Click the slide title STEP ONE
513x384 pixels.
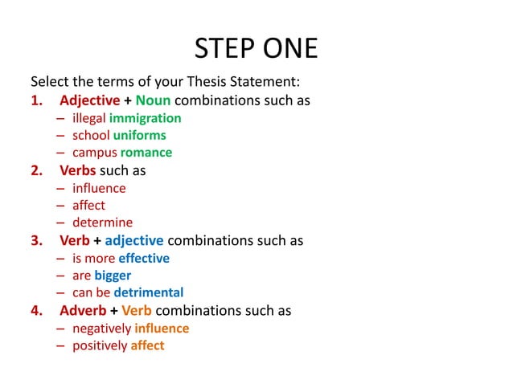pos(256,49)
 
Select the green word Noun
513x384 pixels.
pos(153,100)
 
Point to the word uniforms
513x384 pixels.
pos(139,135)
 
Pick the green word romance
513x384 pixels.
pos(146,152)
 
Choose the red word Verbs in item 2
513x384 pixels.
pos(77,170)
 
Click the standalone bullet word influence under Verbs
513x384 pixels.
pos(99,188)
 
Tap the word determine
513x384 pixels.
pos(102,223)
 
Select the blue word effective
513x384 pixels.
pos(143,258)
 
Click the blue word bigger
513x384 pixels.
pos(113,276)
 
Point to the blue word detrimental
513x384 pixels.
pos(148,292)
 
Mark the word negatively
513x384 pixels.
pos(101,328)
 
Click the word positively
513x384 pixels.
pos(100,345)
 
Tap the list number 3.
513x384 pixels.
pos(36,240)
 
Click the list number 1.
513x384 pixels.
pos(36,100)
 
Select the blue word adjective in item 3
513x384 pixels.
pos(133,240)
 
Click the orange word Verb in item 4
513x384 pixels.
pos(137,310)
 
